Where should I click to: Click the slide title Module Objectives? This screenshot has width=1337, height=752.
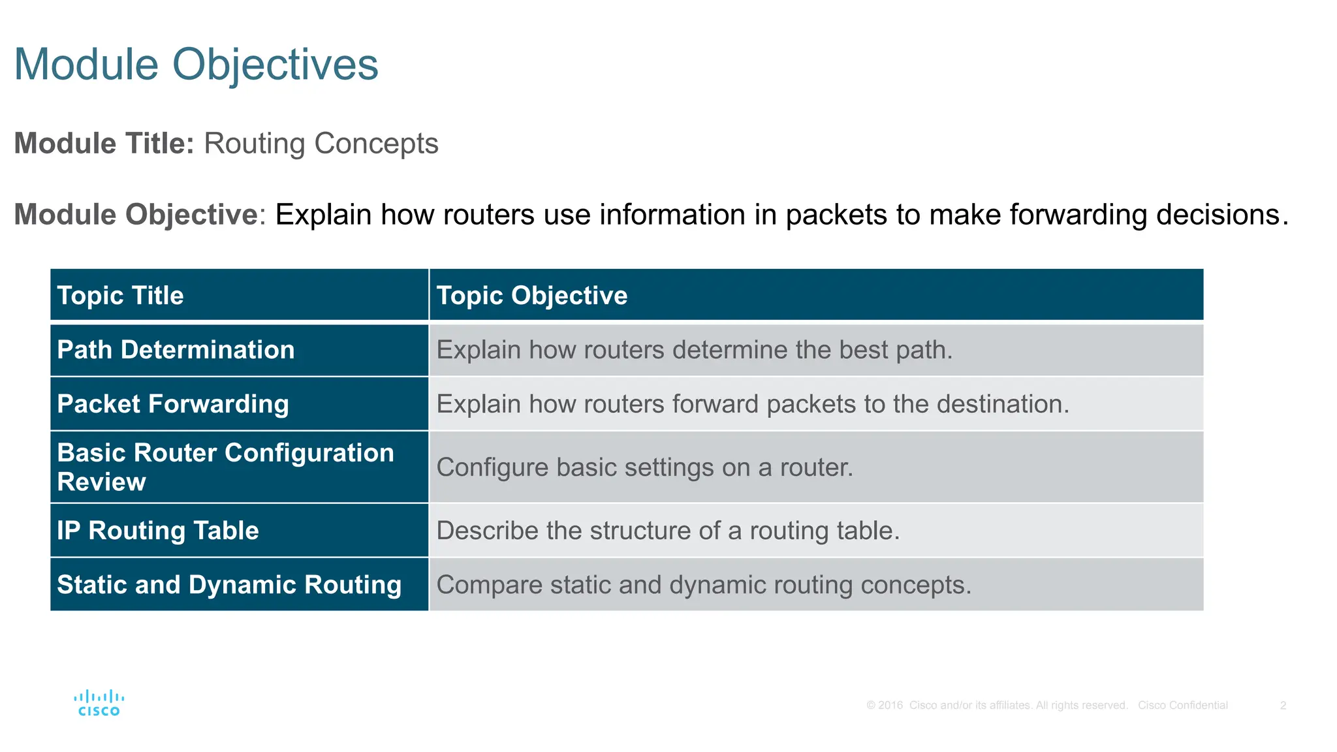[x=196, y=65]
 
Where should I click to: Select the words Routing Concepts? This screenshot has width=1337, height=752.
[x=321, y=144]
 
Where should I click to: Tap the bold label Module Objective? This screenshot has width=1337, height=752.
[x=136, y=215]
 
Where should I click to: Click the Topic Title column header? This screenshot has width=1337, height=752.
[x=121, y=296]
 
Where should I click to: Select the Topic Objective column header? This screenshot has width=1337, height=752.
[x=531, y=296]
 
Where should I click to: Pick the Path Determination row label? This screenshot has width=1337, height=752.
[x=176, y=350]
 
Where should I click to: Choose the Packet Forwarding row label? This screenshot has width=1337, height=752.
[x=173, y=404]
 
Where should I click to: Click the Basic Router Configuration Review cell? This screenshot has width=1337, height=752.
[x=225, y=467]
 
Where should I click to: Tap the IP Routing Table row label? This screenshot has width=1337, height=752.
[x=158, y=531]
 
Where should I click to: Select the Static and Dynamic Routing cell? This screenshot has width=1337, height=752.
[x=229, y=585]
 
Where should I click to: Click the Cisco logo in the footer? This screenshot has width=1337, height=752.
[x=99, y=703]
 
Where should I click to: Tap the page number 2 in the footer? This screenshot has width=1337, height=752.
[x=1283, y=706]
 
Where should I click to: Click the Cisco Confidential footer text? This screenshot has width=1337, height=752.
[x=1182, y=706]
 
